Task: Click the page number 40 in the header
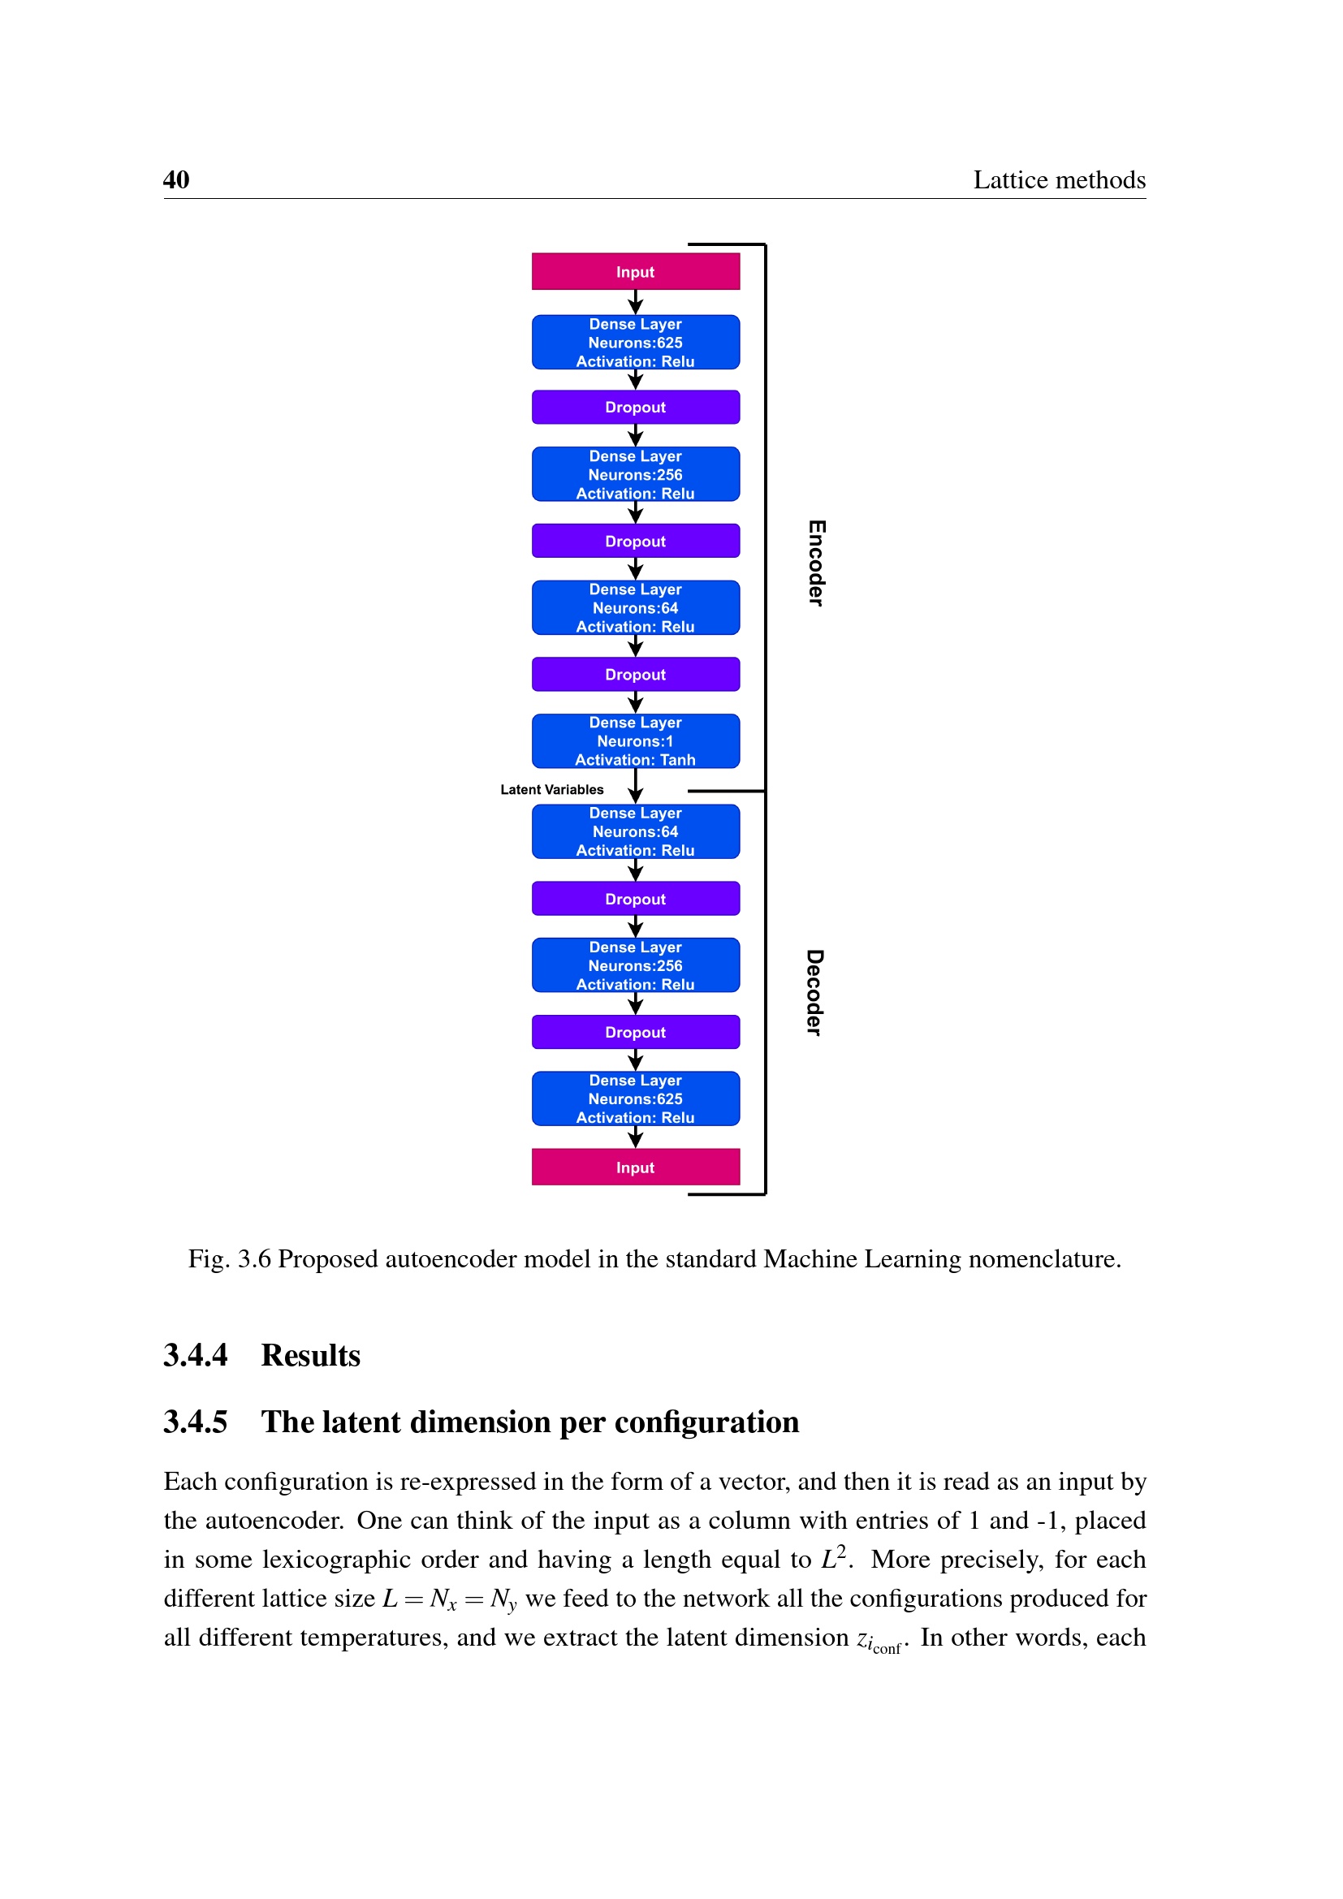(176, 179)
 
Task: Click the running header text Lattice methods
(1059, 179)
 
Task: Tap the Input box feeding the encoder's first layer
(635, 271)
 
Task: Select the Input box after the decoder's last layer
(635, 1167)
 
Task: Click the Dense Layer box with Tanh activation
(635, 741)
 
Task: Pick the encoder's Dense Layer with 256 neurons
(635, 475)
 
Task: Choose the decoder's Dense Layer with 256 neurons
(635, 965)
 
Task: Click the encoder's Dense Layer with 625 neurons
(635, 343)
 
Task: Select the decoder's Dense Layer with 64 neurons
(635, 831)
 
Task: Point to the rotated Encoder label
(816, 563)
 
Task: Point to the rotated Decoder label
(814, 991)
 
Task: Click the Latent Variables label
(551, 790)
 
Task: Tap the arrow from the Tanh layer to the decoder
(635, 786)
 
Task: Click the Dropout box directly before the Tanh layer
(635, 674)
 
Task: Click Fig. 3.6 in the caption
(229, 1259)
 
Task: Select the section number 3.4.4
(195, 1356)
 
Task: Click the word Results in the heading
(311, 1356)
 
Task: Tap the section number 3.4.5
(195, 1422)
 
